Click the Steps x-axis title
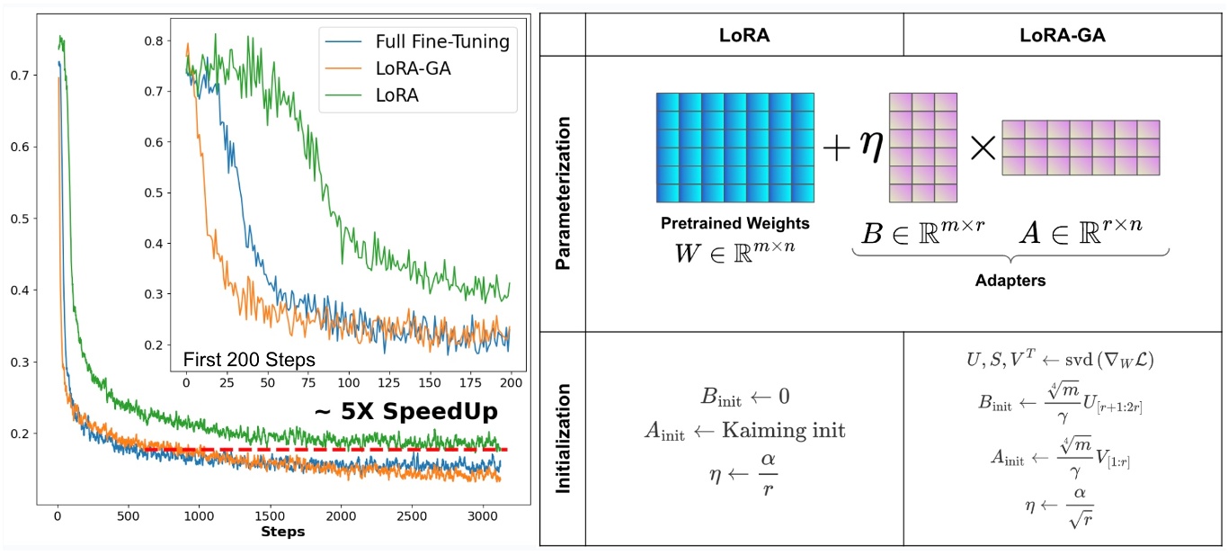tap(282, 533)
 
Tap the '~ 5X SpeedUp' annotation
tap(405, 411)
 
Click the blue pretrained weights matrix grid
tap(734, 148)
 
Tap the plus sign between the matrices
tap(836, 148)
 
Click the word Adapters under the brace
tap(1010, 281)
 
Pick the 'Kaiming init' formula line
tap(744, 430)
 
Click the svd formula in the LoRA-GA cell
tap(1064, 360)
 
